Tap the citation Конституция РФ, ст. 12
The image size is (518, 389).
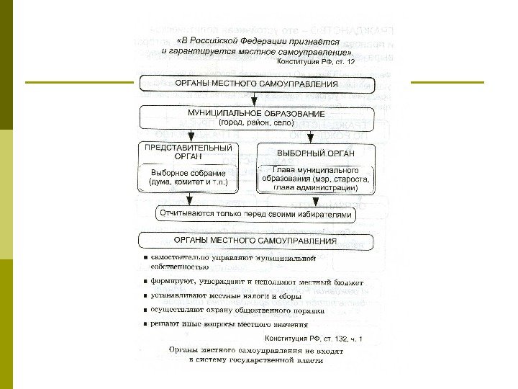tap(316, 63)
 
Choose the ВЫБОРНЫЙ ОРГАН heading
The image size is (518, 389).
tap(314, 153)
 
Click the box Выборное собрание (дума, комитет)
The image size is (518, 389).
tap(188, 178)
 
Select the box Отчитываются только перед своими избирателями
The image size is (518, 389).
tap(257, 215)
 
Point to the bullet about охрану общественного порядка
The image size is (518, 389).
tap(237, 310)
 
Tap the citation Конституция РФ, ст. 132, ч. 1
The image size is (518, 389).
tap(314, 337)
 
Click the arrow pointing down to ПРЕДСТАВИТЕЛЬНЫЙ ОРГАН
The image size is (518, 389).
tap(189, 135)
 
